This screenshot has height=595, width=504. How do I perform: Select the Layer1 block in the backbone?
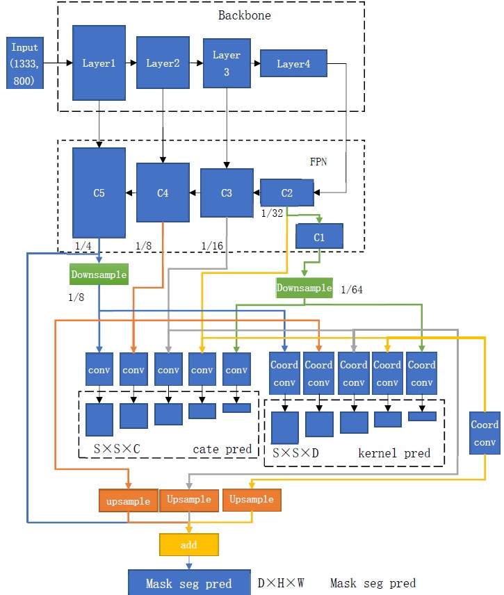tap(99, 63)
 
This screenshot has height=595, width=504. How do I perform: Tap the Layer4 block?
tap(293, 63)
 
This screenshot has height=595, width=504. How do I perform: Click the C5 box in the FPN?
tap(99, 193)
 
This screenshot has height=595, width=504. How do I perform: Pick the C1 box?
tap(319, 236)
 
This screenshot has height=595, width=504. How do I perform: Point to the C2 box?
tap(286, 192)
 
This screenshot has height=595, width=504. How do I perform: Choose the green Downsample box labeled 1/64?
tap(304, 288)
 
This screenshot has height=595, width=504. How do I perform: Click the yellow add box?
tap(188, 545)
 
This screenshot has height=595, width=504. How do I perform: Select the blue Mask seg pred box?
tap(188, 582)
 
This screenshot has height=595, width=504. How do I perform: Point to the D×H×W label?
tap(281, 582)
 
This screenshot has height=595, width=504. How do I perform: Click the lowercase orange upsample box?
tap(128, 500)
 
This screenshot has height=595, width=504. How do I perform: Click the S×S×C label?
tap(117, 449)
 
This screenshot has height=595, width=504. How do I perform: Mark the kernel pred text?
tap(393, 453)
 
